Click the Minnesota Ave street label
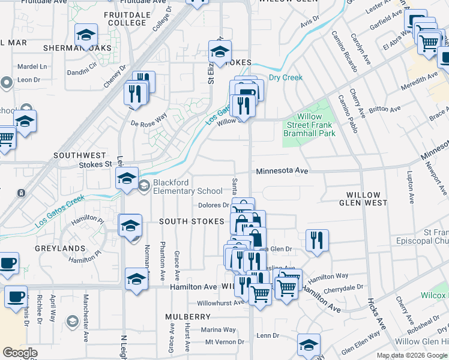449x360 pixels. pyautogui.click(x=282, y=171)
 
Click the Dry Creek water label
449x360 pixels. pyautogui.click(x=285, y=77)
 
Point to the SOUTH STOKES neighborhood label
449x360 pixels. pyautogui.click(x=191, y=221)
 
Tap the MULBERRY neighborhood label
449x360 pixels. pyautogui.click(x=188, y=316)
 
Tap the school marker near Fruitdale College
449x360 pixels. pyautogui.click(x=86, y=36)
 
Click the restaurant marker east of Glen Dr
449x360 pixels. pyautogui.click(x=316, y=240)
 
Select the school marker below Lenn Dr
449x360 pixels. pyautogui.click(x=309, y=344)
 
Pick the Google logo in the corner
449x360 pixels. pyautogui.click(x=20, y=353)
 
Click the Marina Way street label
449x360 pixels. pyautogui.click(x=218, y=329)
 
